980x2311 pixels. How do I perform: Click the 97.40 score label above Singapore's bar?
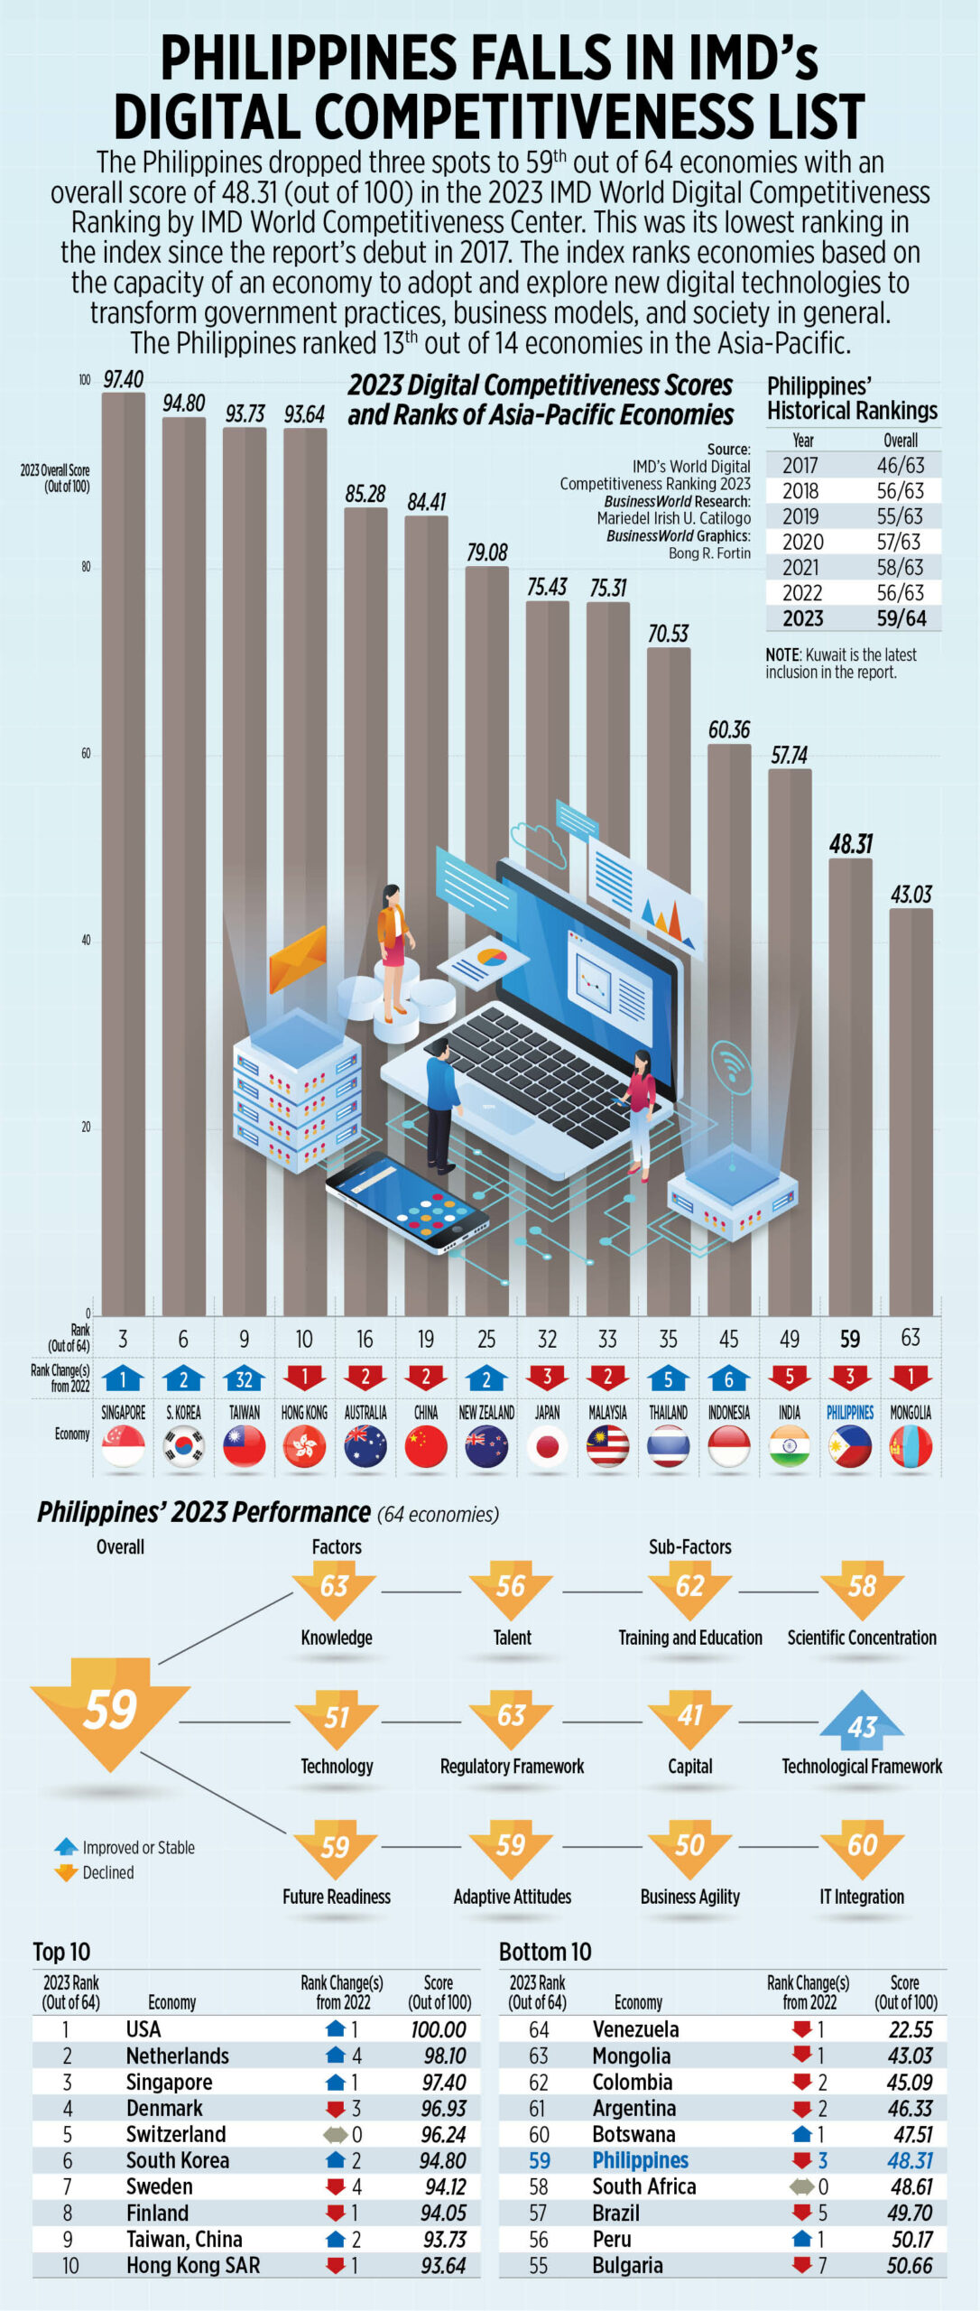[123, 379]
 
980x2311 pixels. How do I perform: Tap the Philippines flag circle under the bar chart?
[850, 1446]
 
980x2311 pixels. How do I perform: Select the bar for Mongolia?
[911, 1110]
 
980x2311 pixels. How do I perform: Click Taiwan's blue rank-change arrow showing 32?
[244, 1378]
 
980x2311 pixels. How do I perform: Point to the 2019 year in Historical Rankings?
[800, 516]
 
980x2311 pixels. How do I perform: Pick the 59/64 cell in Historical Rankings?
[901, 618]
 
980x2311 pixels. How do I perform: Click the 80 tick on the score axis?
[86, 567]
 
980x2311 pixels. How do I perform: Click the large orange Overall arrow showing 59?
[110, 1708]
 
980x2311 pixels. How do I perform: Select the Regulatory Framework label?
[512, 1767]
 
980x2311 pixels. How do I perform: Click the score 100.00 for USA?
[439, 2029]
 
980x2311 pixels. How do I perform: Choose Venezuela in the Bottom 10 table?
[635, 2029]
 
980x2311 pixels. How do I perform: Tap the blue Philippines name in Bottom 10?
[640, 2160]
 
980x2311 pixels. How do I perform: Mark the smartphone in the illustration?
[407, 1202]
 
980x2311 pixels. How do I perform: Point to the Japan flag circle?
[547, 1446]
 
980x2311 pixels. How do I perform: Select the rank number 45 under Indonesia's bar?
[728, 1339]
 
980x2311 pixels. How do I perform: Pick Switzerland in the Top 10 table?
[176, 2134]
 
